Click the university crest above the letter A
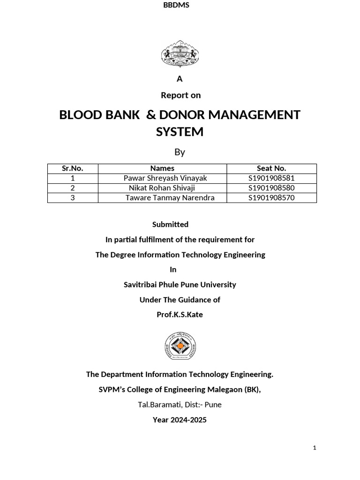pyautogui.click(x=180, y=54)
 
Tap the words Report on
pyautogui.click(x=180, y=95)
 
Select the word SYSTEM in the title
pyautogui.click(x=180, y=132)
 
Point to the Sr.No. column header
pyautogui.click(x=73, y=168)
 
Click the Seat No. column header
pyautogui.click(x=271, y=168)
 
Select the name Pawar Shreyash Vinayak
pyautogui.click(x=165, y=178)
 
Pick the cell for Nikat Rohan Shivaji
pyautogui.click(x=162, y=188)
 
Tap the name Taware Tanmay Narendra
pyautogui.click(x=170, y=198)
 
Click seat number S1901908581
pyautogui.click(x=271, y=178)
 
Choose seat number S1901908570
pyautogui.click(x=271, y=198)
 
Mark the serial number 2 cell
pyautogui.click(x=73, y=188)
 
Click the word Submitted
pyautogui.click(x=170, y=225)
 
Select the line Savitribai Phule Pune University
pyautogui.click(x=180, y=285)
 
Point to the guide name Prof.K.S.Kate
pyautogui.click(x=180, y=315)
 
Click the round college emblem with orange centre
pyautogui.click(x=180, y=346)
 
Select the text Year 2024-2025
pyautogui.click(x=180, y=420)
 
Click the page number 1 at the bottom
pyautogui.click(x=315, y=448)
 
